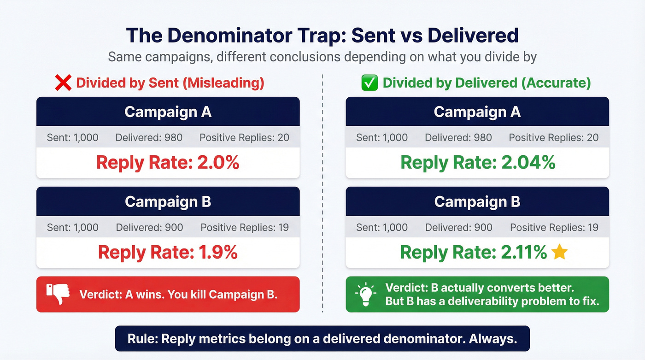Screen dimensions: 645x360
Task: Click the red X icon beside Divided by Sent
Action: click(x=63, y=83)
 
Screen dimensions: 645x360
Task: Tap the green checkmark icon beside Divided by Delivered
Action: click(x=369, y=83)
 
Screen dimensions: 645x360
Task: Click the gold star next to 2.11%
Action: click(x=559, y=252)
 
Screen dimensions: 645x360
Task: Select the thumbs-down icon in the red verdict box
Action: click(x=58, y=294)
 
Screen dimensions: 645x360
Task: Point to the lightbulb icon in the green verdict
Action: click(x=366, y=294)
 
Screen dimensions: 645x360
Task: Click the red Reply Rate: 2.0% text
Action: click(x=168, y=163)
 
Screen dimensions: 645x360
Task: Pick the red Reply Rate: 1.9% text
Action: click(x=168, y=253)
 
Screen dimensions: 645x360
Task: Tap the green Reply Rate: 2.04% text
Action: click(x=478, y=163)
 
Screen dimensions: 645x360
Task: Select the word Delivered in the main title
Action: click(x=473, y=35)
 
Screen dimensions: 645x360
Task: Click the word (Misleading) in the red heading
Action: click(x=223, y=83)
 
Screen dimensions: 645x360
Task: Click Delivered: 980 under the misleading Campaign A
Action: click(x=149, y=138)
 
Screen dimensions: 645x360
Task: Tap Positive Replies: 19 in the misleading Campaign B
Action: click(x=245, y=228)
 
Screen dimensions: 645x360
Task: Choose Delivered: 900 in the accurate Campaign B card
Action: click(x=459, y=228)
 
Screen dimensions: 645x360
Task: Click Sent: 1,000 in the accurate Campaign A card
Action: click(x=382, y=138)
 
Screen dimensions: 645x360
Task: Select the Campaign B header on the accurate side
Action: click(x=477, y=201)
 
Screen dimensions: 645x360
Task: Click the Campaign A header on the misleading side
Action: click(x=168, y=112)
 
